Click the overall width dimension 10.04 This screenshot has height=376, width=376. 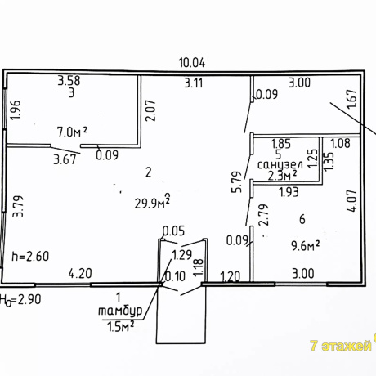(192, 63)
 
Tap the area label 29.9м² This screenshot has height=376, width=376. (153, 201)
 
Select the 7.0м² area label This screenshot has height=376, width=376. (72, 132)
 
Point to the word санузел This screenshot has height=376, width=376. (280, 165)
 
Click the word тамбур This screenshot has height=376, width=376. (120, 311)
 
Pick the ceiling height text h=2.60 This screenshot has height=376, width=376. (30, 256)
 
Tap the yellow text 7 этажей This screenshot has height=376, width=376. (341, 346)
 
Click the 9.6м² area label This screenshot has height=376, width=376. (305, 246)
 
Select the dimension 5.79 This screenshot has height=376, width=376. (236, 182)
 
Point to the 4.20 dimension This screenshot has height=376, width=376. (80, 273)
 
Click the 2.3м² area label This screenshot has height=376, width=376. (282, 176)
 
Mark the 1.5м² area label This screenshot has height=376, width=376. (120, 326)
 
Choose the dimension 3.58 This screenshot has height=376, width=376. (69, 81)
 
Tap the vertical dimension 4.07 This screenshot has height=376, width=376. (351, 201)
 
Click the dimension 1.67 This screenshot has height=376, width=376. (351, 99)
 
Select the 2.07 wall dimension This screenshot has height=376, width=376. (150, 110)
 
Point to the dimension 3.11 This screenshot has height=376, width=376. (194, 83)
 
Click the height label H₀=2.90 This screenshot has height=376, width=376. (20, 300)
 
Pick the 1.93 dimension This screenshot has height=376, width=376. (289, 192)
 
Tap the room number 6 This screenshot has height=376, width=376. (302, 219)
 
